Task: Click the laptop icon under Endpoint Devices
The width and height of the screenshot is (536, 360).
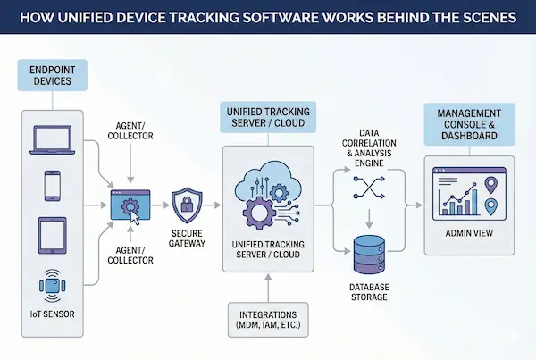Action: tap(51, 138)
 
